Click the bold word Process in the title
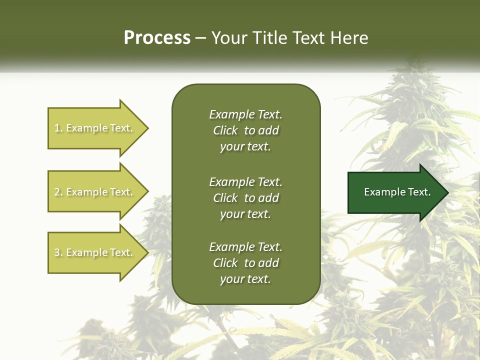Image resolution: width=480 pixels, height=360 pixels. coord(157,38)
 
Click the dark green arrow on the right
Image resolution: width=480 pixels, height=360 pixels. coord(395,192)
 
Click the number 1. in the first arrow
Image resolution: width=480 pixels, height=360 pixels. coord(58,128)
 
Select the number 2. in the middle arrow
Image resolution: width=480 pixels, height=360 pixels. coord(58,192)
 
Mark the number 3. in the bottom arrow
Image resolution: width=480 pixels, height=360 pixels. coord(58,252)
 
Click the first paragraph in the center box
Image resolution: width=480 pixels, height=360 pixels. coord(245,130)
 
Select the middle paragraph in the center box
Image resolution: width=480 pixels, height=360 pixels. coord(245,198)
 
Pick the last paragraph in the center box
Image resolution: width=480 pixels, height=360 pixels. coord(245,263)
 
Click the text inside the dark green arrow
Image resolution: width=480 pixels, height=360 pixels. coord(397,192)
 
